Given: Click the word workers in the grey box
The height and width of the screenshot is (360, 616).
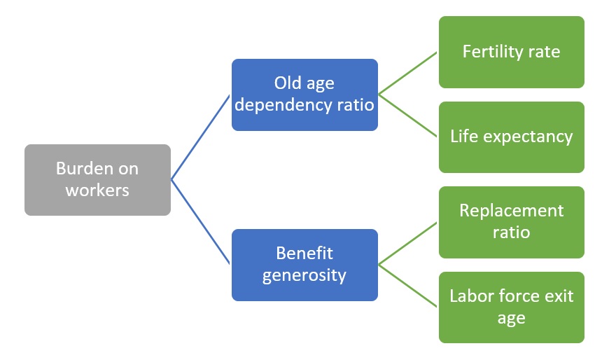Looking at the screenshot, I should tap(97, 190).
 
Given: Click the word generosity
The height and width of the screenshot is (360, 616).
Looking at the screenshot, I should tap(304, 275).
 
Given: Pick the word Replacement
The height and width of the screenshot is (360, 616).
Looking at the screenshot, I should tap(511, 211).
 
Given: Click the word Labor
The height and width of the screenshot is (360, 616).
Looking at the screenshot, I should tap(470, 296).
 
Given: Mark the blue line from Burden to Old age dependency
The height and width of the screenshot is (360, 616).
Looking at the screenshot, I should tap(201, 137).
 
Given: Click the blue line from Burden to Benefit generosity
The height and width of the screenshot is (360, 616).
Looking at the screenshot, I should tap(201, 222).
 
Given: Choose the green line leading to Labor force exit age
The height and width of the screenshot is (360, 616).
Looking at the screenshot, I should tap(408, 286).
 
